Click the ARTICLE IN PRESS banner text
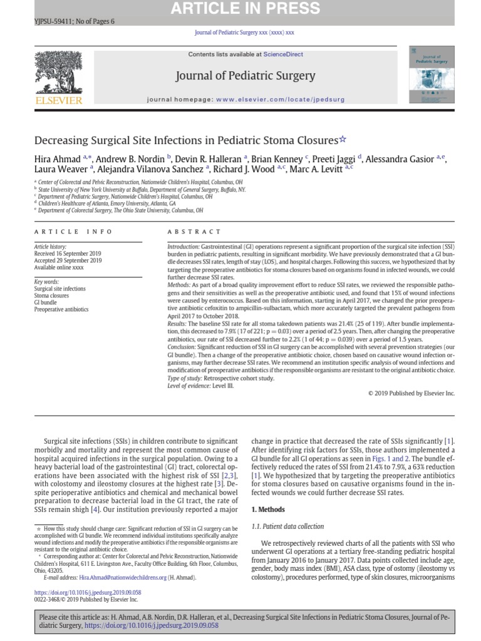[x=240, y=8]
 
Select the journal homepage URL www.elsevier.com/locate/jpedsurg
[x=280, y=100]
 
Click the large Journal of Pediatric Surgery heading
[x=245, y=76]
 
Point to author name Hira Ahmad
[x=56, y=159]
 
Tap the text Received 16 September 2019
[x=67, y=254]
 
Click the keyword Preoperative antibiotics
[x=61, y=309]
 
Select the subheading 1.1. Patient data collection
[x=287, y=527]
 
